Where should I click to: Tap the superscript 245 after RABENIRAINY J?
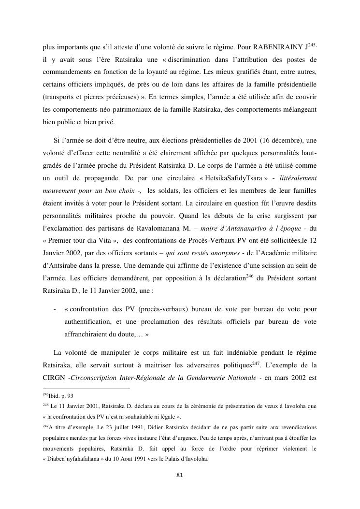pos(311,44)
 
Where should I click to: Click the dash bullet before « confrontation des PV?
pos(55,308)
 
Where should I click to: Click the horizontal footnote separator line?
pos(87,388)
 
